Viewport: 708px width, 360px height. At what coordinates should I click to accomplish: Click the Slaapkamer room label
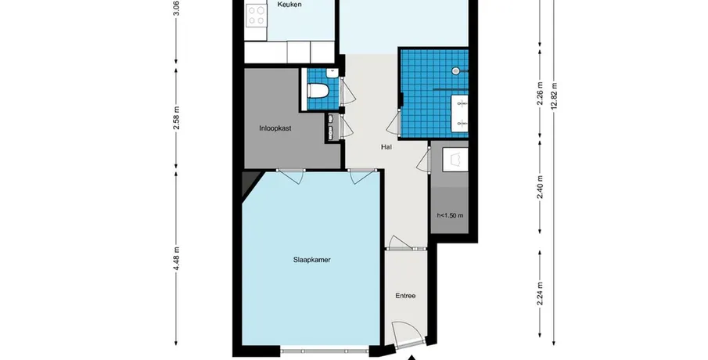(x=311, y=260)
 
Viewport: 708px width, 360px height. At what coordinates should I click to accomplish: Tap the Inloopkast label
(x=275, y=128)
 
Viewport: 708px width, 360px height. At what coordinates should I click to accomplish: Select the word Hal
(x=386, y=147)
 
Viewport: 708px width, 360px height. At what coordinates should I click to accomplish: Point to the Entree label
(x=405, y=296)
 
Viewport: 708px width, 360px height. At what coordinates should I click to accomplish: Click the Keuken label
(x=289, y=5)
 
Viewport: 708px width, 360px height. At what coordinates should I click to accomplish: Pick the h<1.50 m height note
(x=450, y=215)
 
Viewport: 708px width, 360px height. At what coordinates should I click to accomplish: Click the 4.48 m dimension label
(x=177, y=259)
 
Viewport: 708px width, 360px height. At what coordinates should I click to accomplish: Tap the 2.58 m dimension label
(x=177, y=118)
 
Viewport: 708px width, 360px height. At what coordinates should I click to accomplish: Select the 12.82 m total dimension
(x=554, y=95)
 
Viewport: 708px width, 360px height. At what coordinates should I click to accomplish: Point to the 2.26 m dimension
(x=540, y=93)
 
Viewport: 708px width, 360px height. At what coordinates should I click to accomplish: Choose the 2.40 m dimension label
(x=540, y=186)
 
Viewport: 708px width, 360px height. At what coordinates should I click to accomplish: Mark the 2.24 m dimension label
(x=540, y=293)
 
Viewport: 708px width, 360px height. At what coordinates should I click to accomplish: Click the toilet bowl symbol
(x=318, y=90)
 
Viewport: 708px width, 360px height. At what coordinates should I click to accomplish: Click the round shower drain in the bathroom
(x=455, y=70)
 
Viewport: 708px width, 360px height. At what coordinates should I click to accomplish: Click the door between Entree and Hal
(x=401, y=243)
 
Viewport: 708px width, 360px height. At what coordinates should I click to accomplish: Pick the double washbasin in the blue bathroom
(x=460, y=113)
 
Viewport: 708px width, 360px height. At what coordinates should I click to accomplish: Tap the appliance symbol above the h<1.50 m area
(x=455, y=160)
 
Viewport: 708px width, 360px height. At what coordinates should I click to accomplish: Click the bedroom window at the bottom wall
(x=324, y=351)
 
